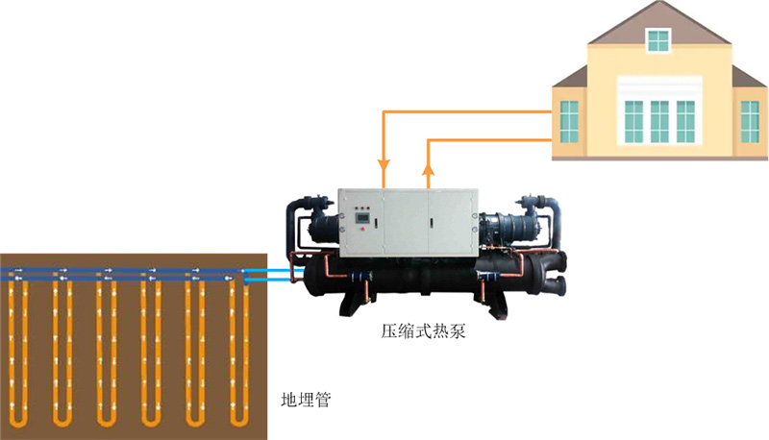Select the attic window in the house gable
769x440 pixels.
point(658,40)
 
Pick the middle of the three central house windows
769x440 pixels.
point(659,122)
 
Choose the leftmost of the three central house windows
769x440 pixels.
point(633,122)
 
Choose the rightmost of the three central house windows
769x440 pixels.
point(685,122)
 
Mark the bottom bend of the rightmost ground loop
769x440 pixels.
point(238,420)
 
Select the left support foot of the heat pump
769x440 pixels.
point(345,308)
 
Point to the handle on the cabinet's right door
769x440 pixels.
point(432,223)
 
